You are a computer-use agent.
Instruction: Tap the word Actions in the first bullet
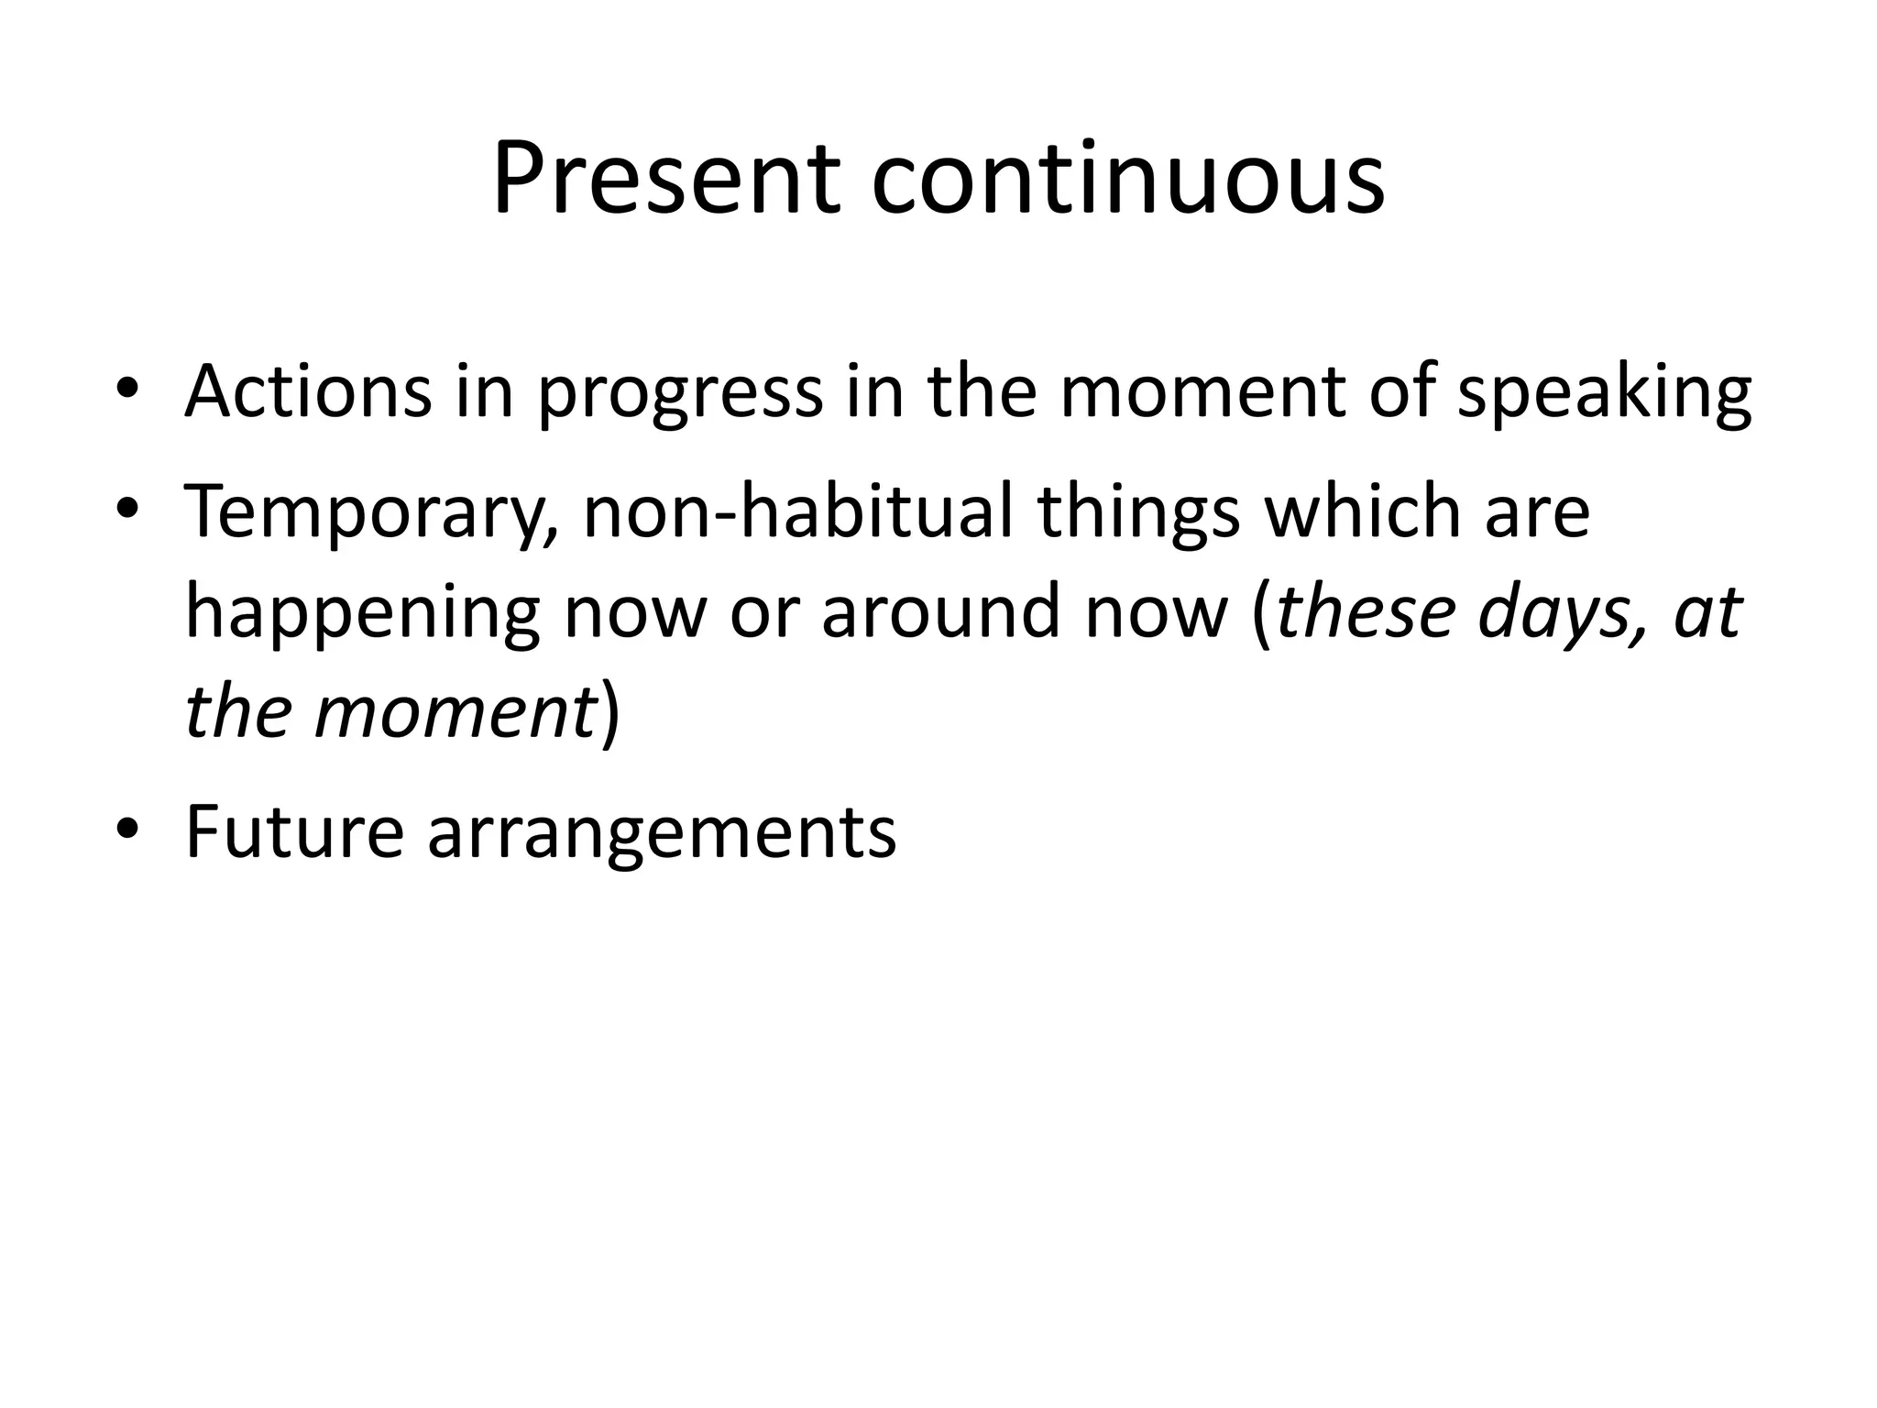[308, 391]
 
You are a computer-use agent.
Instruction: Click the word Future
[294, 832]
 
